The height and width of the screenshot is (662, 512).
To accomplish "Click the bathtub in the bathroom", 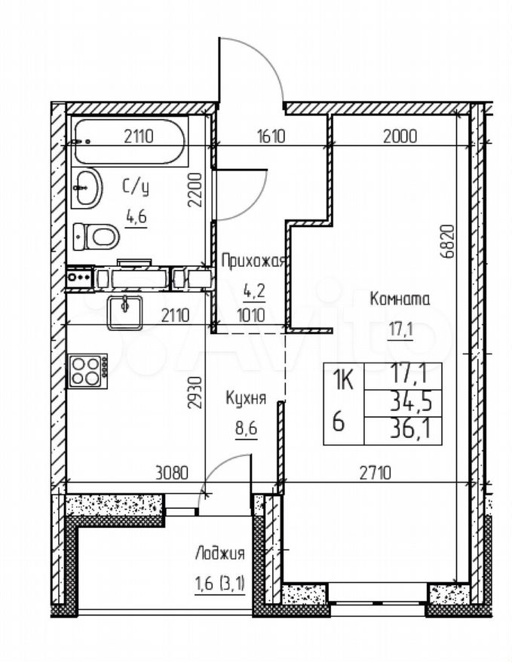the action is click(x=130, y=142).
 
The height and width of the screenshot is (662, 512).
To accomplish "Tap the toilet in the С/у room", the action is click(x=96, y=237).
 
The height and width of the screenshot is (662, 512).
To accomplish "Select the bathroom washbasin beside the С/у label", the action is click(x=87, y=188).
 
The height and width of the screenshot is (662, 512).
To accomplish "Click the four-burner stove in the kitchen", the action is click(x=87, y=371).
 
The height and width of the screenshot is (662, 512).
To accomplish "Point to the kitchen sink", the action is click(x=124, y=312).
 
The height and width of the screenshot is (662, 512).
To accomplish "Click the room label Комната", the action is click(x=400, y=299).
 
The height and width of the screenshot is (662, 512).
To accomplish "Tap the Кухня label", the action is click(x=246, y=398).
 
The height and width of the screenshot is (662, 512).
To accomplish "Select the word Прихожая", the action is click(x=254, y=261).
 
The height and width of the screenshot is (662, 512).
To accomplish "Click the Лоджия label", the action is click(x=220, y=553).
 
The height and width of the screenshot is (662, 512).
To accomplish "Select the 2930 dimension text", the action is click(x=195, y=393).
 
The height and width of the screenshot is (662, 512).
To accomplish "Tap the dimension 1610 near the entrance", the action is click(x=271, y=136).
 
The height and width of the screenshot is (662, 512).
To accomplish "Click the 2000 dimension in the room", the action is click(x=400, y=136).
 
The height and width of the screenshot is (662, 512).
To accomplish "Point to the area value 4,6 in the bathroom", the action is click(x=136, y=217).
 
